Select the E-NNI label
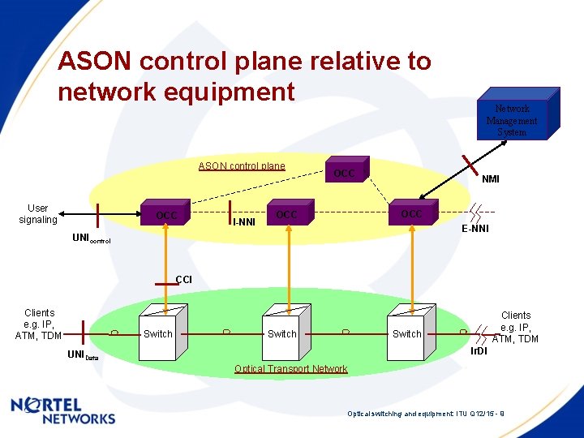(475, 230)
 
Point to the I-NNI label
(244, 221)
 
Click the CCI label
(184, 280)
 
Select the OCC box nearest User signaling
(167, 215)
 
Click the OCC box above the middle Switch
(286, 214)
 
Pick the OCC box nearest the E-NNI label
(411, 213)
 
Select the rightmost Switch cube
(407, 332)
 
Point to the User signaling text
(38, 214)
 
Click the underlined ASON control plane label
(242, 166)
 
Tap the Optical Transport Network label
(290, 369)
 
